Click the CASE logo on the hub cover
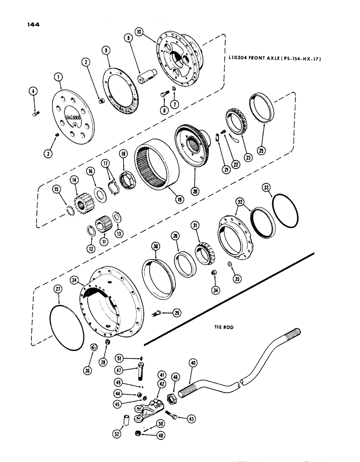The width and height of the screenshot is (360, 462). click(73, 118)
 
